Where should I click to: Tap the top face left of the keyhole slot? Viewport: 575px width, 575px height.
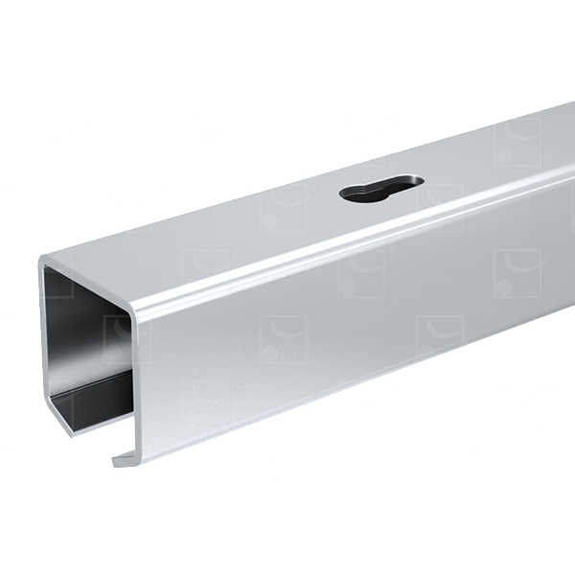240,230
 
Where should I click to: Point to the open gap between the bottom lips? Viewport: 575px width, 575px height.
91,436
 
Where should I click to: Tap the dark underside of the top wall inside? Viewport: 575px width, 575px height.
96,297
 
